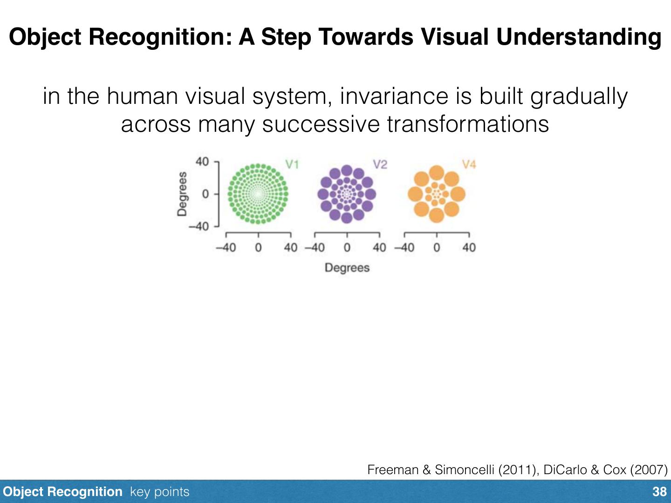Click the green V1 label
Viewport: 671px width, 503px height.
tap(292, 164)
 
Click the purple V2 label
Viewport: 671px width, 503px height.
tap(380, 164)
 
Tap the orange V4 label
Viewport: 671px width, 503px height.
tap(469, 164)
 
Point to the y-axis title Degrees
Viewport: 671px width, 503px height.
tap(182, 194)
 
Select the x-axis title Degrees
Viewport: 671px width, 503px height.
tap(347, 268)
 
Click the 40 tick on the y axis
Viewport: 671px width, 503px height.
tap(202, 162)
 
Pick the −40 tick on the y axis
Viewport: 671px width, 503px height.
tap(199, 226)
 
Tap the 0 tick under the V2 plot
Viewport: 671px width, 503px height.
tap(347, 247)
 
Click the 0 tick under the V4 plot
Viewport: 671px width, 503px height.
tap(436, 247)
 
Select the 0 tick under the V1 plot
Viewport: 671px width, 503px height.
tap(258, 247)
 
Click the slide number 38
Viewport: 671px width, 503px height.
tap(659, 492)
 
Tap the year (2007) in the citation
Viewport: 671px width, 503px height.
tap(648, 469)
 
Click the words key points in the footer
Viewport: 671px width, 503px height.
tap(160, 492)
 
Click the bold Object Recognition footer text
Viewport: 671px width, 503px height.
tap(62, 492)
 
